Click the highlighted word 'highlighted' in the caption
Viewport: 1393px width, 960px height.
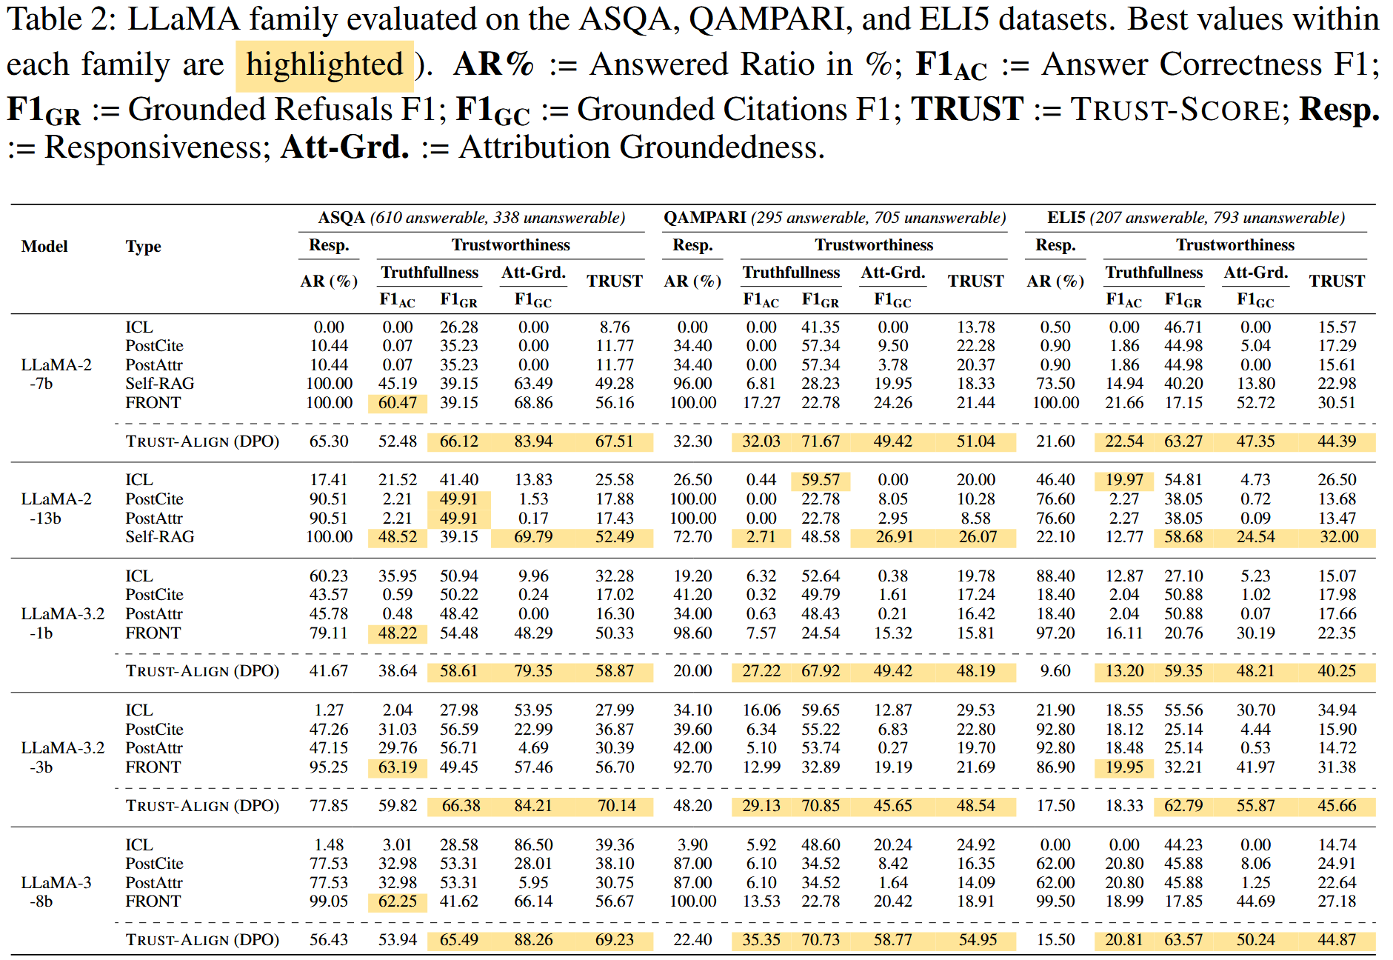click(x=324, y=65)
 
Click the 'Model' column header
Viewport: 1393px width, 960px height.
click(x=44, y=247)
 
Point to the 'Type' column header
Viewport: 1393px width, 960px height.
click(x=143, y=247)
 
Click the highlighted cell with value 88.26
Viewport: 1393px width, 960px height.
click(x=533, y=940)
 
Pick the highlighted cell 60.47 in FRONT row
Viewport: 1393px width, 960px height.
click(x=398, y=403)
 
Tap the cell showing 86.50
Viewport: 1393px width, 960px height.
click(x=533, y=845)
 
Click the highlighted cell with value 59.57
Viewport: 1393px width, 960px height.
click(x=821, y=480)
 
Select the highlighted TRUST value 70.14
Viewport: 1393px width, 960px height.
click(x=615, y=806)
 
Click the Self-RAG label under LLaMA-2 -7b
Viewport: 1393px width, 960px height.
click(x=159, y=384)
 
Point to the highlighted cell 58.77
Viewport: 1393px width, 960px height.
click(x=892, y=940)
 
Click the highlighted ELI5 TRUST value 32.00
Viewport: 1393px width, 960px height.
click(x=1338, y=537)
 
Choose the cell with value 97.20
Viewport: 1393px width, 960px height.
click(x=1055, y=633)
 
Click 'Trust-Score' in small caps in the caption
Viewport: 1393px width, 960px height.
click(x=1175, y=110)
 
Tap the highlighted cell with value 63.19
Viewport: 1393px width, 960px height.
click(x=398, y=767)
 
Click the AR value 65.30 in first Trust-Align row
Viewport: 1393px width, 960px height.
click(x=329, y=441)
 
